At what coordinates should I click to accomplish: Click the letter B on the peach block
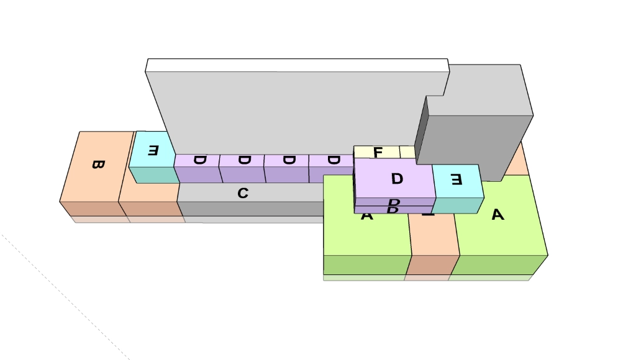pyautogui.click(x=98, y=164)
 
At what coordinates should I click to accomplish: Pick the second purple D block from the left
pyautogui.click(x=244, y=160)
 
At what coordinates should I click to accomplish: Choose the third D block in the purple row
pyautogui.click(x=288, y=160)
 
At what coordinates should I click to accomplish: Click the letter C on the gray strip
pyautogui.click(x=243, y=194)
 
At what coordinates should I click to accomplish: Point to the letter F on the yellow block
pyautogui.click(x=378, y=152)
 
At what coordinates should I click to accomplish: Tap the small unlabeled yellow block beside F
pyautogui.click(x=407, y=151)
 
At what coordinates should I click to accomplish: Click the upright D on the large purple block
pyautogui.click(x=397, y=179)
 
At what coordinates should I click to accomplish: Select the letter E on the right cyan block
pyautogui.click(x=457, y=180)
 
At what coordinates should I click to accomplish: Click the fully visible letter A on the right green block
pyautogui.click(x=497, y=215)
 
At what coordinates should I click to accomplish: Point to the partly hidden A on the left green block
pyautogui.click(x=366, y=217)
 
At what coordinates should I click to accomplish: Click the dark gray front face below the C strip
pyautogui.click(x=248, y=209)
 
